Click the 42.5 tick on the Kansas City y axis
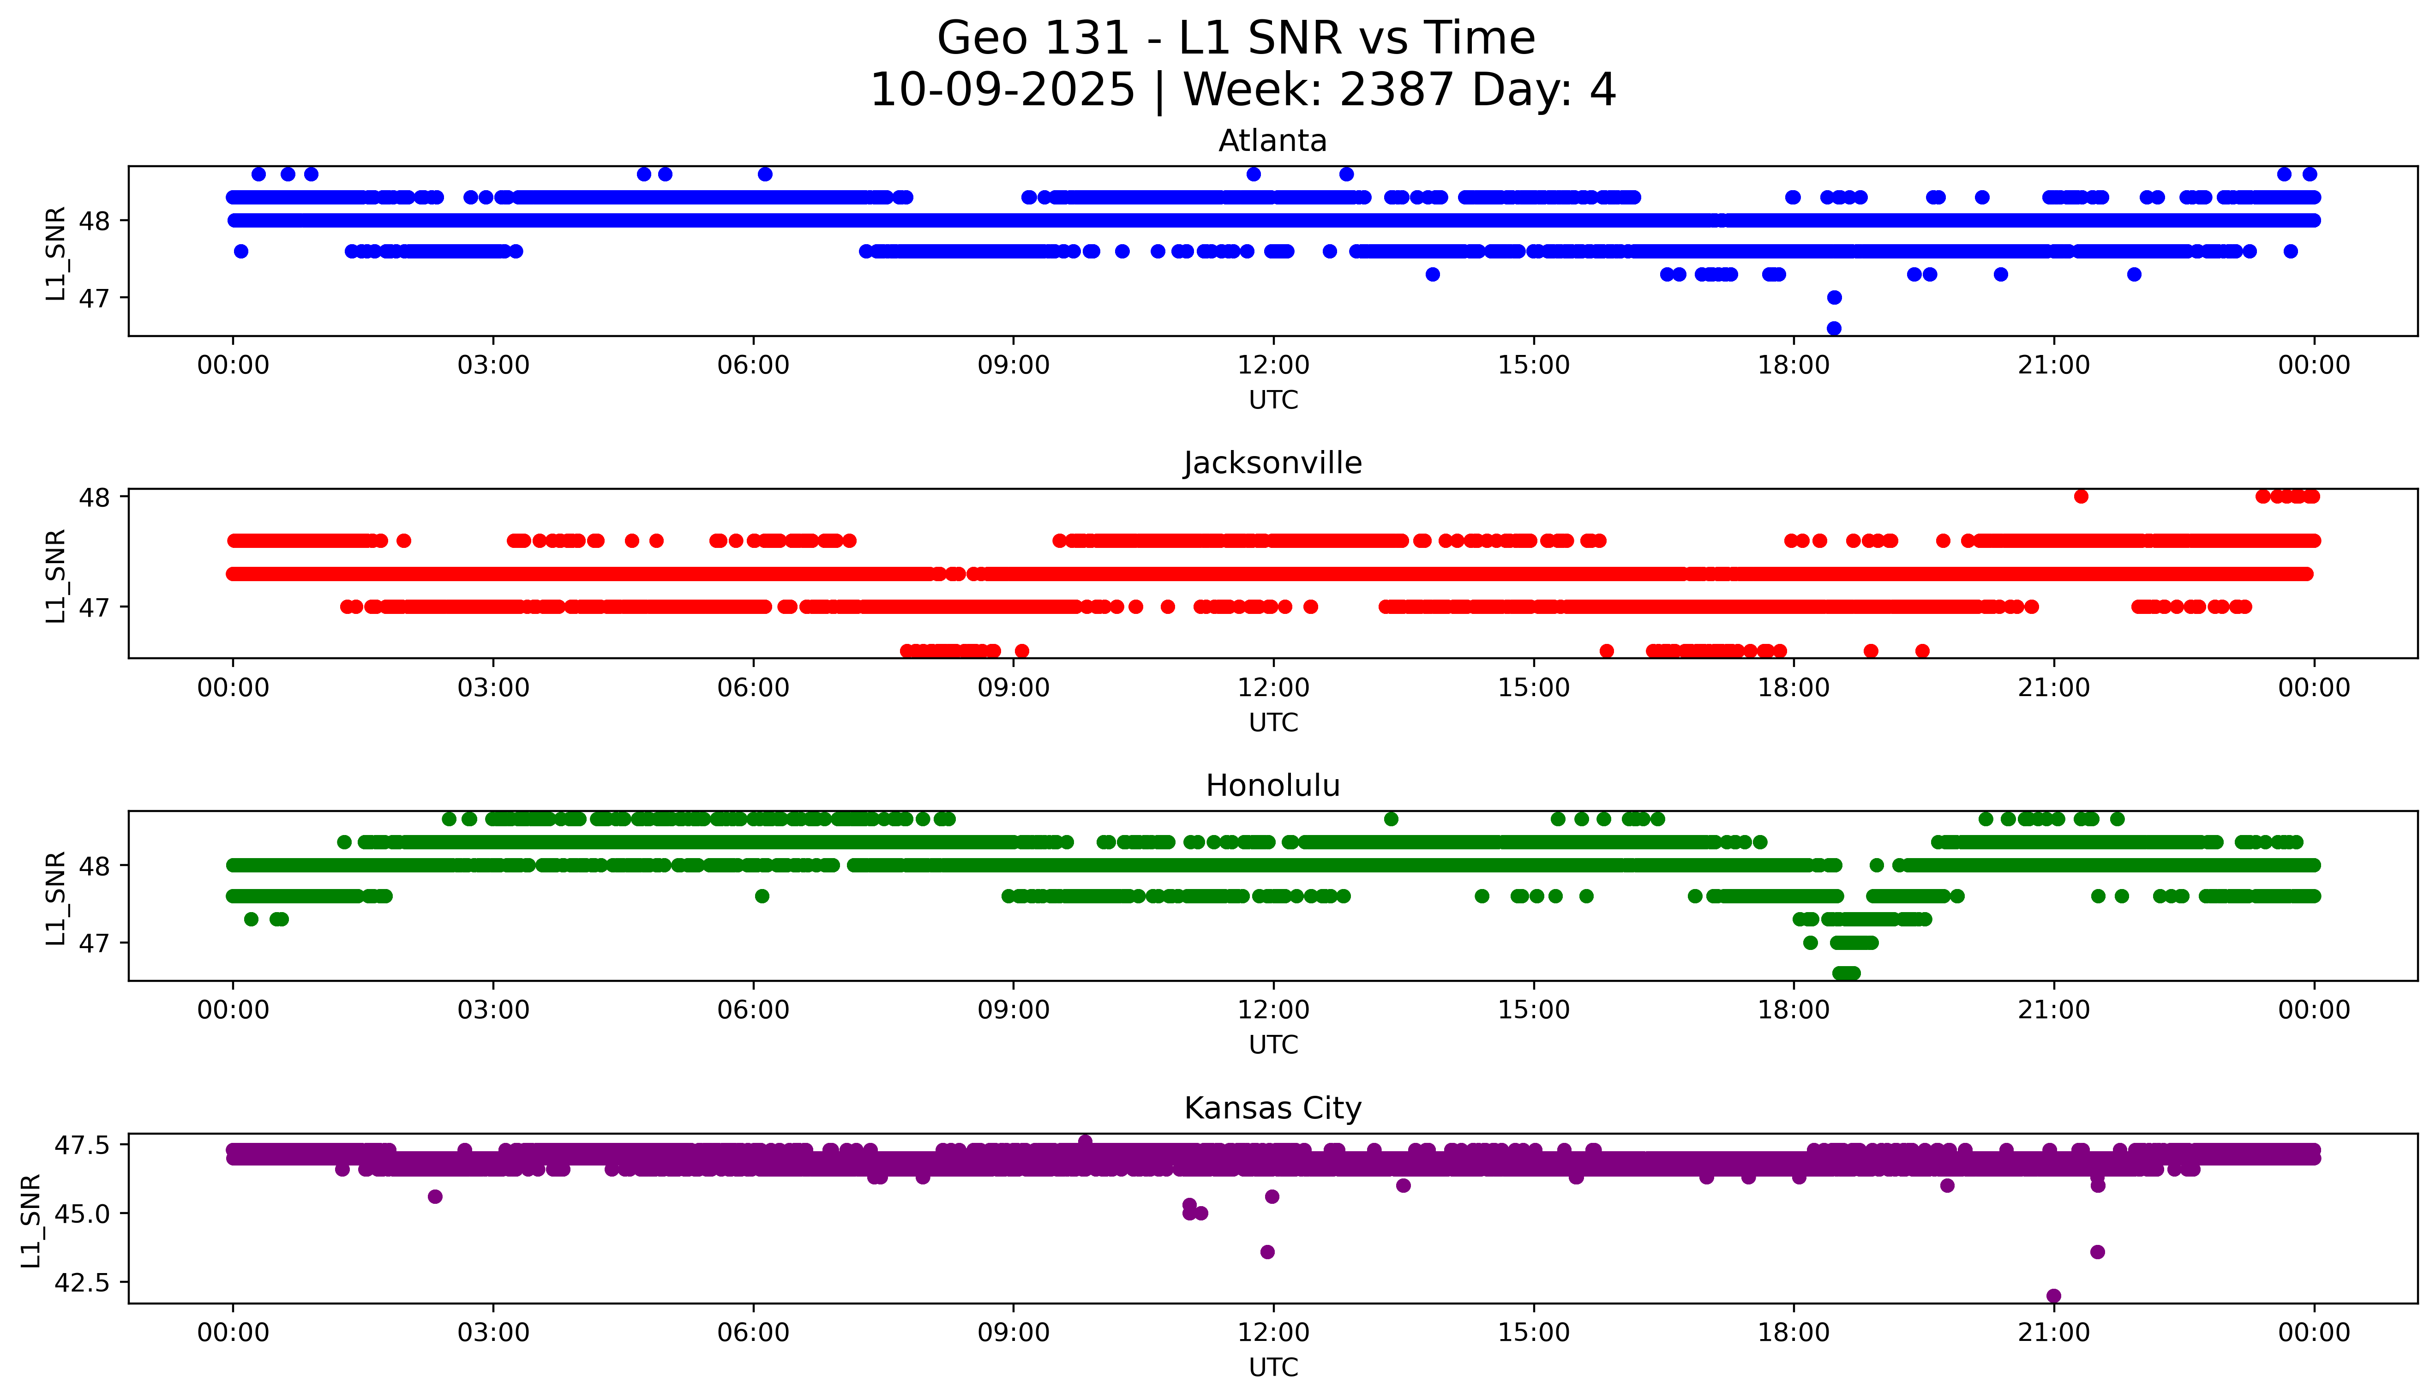point(84,1283)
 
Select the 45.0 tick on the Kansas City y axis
point(84,1214)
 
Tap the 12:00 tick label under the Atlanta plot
point(1273,366)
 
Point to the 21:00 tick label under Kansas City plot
point(2053,1333)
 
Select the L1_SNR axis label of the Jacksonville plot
point(56,575)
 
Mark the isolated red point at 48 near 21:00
point(2080,496)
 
